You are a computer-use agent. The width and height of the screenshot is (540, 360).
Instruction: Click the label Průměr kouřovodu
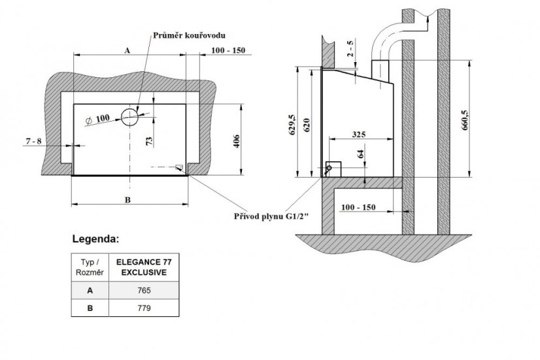click(189, 35)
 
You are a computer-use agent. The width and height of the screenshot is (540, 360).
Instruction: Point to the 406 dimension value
click(236, 141)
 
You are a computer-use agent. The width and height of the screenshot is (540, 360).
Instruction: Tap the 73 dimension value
click(150, 141)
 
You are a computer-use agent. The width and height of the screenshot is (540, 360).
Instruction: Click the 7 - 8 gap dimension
click(34, 141)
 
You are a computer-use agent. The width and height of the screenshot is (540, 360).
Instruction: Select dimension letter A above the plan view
click(127, 50)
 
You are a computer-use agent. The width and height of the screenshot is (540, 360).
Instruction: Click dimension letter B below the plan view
click(127, 200)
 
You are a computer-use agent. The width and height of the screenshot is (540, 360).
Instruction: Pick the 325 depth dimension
click(359, 134)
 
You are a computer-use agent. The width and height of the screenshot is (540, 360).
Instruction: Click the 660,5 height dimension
click(465, 120)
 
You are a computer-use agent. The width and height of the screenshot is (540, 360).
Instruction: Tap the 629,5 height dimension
click(293, 124)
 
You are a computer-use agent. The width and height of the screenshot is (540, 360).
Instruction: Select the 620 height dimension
click(307, 125)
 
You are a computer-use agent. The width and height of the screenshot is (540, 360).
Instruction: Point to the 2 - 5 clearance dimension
click(350, 49)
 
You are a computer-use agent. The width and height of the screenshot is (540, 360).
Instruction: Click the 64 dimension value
click(361, 154)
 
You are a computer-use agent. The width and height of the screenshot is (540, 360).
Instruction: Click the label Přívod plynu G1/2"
click(272, 216)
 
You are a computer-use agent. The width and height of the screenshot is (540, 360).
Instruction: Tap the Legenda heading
click(95, 239)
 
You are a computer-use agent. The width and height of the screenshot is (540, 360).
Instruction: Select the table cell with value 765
click(144, 291)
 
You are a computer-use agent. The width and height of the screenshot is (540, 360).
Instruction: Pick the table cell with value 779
click(144, 308)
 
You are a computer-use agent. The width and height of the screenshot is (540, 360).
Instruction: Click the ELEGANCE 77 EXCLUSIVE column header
click(144, 267)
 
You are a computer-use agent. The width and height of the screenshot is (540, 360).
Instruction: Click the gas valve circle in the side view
click(329, 169)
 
